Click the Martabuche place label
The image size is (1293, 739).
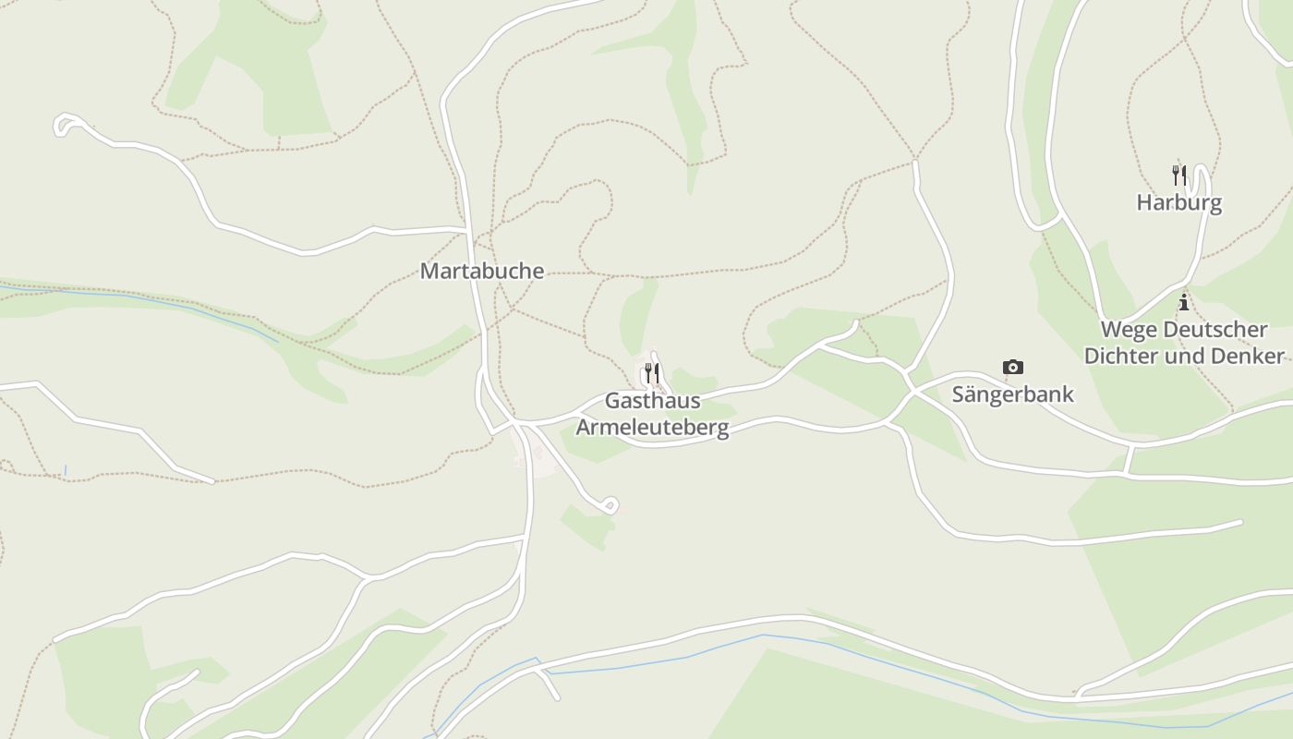point(482,272)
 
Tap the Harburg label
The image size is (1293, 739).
point(1178,202)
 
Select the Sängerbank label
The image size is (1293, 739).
point(1013,394)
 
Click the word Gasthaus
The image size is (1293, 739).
point(652,402)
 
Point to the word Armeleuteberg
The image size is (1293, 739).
point(652,427)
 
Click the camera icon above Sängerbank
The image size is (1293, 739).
point(1013,368)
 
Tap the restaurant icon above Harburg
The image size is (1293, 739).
point(1178,175)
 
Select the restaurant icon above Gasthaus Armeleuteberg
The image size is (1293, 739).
point(652,373)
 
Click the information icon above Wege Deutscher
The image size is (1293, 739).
point(1183,302)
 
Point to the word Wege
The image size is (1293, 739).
point(1128,330)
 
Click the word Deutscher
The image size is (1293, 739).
point(1214,330)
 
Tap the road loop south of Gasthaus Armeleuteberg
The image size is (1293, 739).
point(610,505)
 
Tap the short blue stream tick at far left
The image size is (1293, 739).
point(65,471)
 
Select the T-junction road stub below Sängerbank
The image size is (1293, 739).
point(1129,459)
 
